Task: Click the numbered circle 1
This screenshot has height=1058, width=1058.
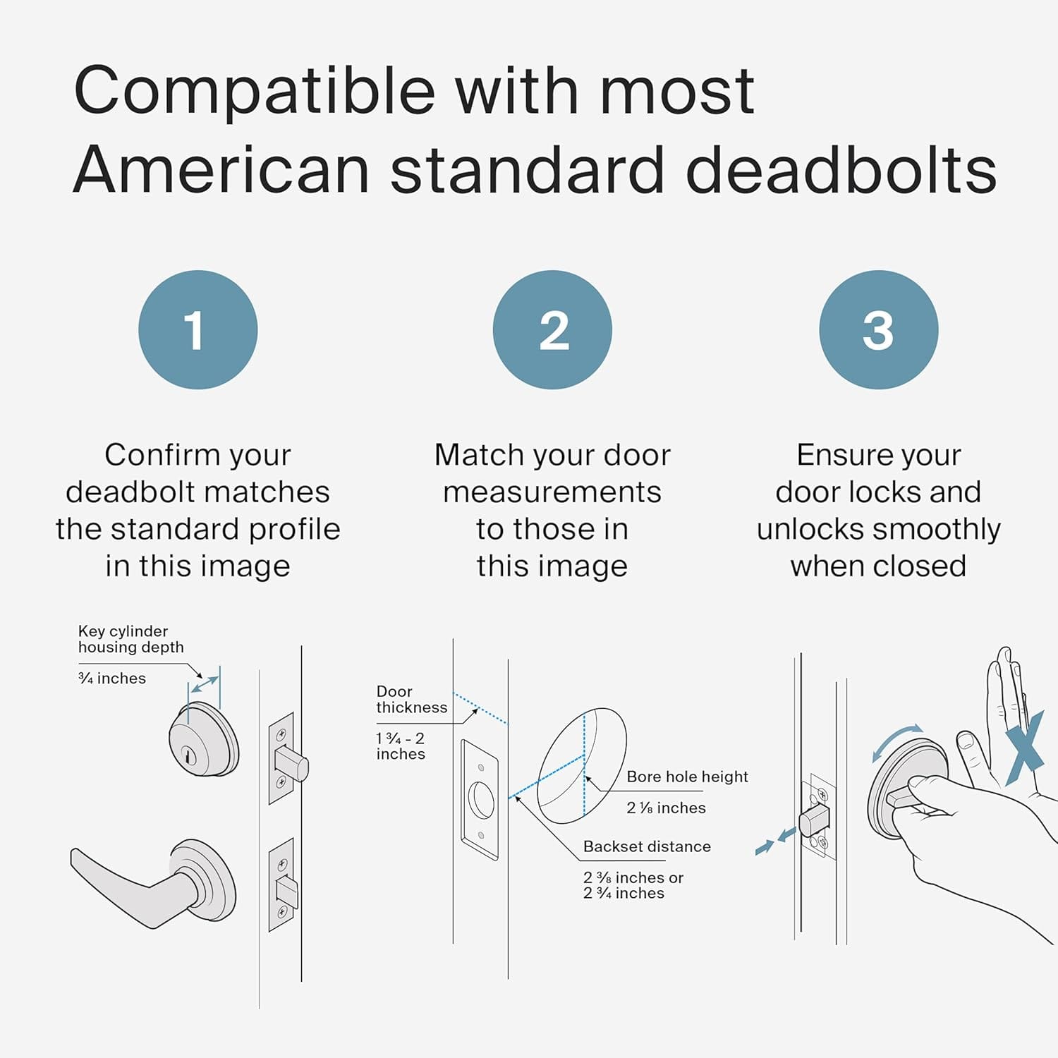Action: click(x=197, y=329)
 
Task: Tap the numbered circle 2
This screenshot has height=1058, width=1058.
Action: click(x=552, y=329)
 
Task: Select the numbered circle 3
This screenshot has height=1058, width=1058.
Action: click(x=878, y=329)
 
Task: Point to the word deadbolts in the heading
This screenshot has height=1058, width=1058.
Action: click(x=841, y=171)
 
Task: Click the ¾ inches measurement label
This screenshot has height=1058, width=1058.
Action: click(x=112, y=679)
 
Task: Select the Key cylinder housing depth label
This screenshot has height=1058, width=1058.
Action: click(x=130, y=639)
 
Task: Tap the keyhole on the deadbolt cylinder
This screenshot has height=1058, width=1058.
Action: click(x=188, y=755)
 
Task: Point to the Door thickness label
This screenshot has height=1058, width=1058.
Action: click(x=411, y=700)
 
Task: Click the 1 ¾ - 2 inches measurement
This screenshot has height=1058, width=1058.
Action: click(x=401, y=746)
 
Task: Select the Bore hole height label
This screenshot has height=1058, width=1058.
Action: click(x=687, y=777)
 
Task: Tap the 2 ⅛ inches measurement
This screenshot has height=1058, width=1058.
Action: click(x=666, y=808)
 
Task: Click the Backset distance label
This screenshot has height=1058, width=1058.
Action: click(x=647, y=846)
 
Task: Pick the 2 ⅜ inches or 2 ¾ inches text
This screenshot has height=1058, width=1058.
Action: click(x=633, y=885)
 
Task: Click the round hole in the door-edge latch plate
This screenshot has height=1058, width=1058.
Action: click(x=481, y=799)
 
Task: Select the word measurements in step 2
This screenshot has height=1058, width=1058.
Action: click(x=552, y=492)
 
